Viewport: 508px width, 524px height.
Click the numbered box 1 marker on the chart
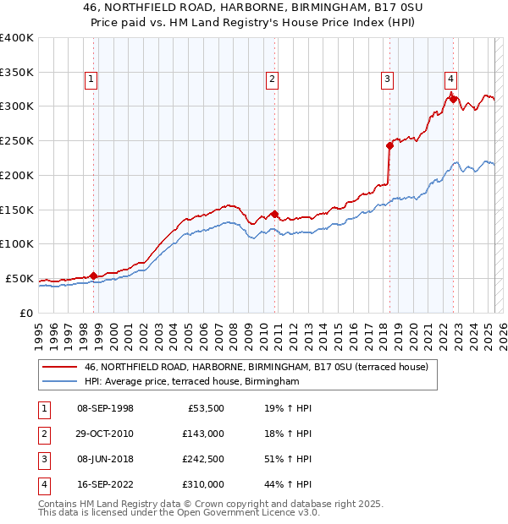click(91, 80)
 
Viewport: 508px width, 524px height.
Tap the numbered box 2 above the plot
click(273, 80)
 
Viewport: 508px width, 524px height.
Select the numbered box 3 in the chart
click(387, 80)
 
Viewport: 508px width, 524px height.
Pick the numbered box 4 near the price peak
click(451, 80)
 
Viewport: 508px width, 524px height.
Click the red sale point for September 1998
click(93, 275)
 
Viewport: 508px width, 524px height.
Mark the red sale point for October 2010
click(274, 214)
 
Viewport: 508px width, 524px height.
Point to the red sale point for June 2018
click(389, 145)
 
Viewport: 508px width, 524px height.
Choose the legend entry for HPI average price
click(192, 382)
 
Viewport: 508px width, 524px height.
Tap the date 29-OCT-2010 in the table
click(105, 434)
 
